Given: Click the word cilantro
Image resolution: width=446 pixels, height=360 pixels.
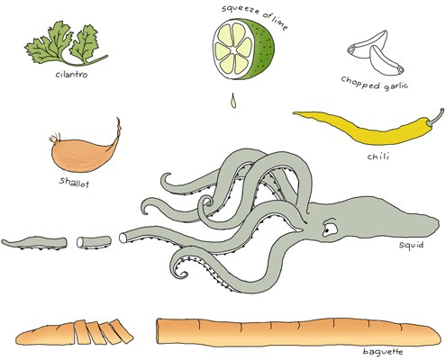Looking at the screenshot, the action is click(x=71, y=74).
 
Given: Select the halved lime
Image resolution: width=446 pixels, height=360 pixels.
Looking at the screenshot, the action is click(x=243, y=49).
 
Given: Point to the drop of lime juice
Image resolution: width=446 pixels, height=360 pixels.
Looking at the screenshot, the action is click(x=233, y=101).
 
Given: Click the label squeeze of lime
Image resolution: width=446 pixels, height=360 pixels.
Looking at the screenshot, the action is click(x=255, y=15).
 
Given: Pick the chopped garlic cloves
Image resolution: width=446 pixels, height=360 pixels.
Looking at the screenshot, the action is click(x=376, y=52).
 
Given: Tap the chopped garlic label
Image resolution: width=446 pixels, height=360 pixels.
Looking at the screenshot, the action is click(x=375, y=83).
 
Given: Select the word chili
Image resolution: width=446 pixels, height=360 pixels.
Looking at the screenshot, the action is click(x=378, y=156).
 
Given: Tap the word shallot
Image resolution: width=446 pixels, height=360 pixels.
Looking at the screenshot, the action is click(x=74, y=182).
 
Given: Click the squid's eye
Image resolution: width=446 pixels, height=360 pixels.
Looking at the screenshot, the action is click(x=329, y=228).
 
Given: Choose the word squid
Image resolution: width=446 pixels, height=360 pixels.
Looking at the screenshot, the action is click(x=411, y=245).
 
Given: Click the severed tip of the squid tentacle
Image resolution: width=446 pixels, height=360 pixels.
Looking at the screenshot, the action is click(x=34, y=243).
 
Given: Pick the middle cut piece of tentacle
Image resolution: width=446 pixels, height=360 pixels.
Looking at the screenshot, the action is click(x=94, y=242).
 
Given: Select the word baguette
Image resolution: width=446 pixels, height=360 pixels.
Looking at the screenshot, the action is click(x=383, y=352).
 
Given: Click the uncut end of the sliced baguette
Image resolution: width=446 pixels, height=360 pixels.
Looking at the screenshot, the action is click(x=45, y=334).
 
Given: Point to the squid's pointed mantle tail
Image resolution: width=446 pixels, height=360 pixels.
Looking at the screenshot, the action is click(x=434, y=223).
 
